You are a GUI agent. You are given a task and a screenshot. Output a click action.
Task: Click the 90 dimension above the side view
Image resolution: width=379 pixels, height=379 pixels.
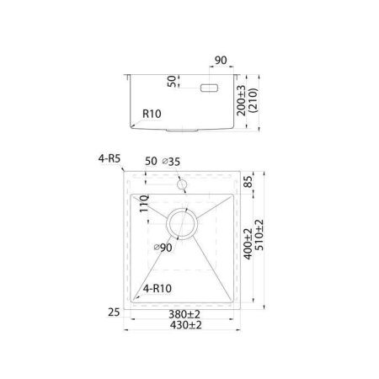[221, 61]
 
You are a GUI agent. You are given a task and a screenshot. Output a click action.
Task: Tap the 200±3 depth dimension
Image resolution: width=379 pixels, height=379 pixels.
[241, 100]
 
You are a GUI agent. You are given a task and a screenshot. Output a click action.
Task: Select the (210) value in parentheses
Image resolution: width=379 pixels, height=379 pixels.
[254, 100]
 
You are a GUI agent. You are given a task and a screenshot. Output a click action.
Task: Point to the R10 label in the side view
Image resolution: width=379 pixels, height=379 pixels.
[152, 114]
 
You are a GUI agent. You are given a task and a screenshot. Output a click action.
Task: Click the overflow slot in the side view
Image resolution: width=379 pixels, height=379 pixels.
[209, 88]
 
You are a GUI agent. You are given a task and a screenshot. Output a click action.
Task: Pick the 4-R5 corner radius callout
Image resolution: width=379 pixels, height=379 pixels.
[109, 158]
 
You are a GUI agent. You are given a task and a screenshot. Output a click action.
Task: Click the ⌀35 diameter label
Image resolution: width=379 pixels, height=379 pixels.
[171, 162]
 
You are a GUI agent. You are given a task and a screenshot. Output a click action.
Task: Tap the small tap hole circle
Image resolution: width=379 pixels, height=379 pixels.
[182, 184]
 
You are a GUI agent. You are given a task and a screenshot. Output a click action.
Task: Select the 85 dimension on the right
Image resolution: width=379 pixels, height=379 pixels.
[248, 182]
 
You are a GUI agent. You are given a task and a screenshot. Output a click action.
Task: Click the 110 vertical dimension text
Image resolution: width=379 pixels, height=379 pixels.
[144, 203]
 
